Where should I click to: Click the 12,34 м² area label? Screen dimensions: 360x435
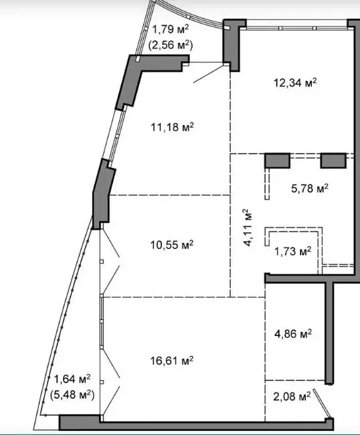pos(295,82)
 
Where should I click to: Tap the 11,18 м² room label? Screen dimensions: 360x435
pos(172,127)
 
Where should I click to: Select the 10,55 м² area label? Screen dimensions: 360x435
pos(172,245)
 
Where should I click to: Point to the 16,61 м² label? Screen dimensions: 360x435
pos(172,361)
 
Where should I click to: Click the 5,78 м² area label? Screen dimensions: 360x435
pos(310,188)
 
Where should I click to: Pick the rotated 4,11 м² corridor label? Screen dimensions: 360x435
pos(247,228)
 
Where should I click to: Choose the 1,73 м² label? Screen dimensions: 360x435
pos(292,252)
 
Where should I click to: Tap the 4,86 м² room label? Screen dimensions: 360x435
pos(293,333)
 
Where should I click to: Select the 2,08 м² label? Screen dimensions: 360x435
pos(292,396)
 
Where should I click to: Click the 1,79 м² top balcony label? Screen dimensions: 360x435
pos(171,29)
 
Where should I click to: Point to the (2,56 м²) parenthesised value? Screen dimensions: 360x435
pos(171,44)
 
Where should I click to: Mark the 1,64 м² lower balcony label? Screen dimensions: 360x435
pos(72,379)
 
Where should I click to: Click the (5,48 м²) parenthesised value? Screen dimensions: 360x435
pos(72,394)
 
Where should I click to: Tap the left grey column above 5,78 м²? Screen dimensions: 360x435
pos(277,161)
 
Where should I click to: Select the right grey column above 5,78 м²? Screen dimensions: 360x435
pos(333,161)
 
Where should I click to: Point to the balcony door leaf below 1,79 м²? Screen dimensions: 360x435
pos(209,74)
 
